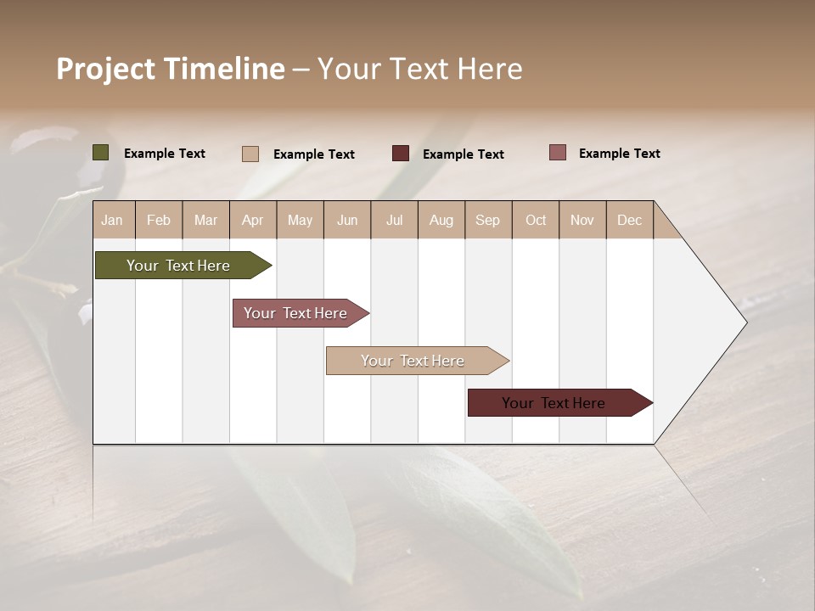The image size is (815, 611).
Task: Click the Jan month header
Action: point(112,220)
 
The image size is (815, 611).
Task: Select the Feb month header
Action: point(159,220)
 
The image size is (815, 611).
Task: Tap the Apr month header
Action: point(253,220)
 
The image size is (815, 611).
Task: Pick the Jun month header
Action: point(347,220)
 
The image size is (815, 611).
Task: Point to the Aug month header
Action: point(441,220)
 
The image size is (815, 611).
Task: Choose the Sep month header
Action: point(488,220)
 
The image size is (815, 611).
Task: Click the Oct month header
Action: point(536,220)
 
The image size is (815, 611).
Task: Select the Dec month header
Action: point(630,220)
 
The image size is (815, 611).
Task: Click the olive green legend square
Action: point(101,153)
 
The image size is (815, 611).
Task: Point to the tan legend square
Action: point(250,154)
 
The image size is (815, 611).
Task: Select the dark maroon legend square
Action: point(401,154)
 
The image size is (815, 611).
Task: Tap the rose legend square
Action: point(558,153)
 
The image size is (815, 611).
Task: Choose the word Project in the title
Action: point(105,69)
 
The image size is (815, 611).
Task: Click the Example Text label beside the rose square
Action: point(620,154)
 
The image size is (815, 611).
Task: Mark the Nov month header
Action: point(582,220)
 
